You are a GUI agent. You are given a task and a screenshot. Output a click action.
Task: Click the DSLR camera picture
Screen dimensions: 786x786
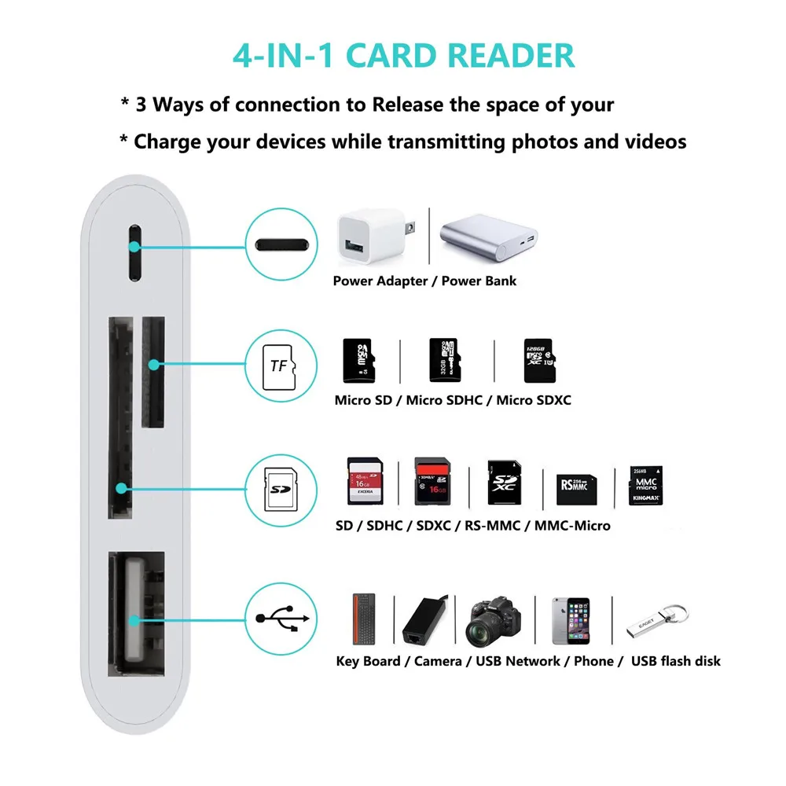494,620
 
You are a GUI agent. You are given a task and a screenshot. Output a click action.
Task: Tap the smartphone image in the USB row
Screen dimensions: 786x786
571,620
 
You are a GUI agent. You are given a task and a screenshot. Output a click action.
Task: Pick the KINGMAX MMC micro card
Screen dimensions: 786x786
645,485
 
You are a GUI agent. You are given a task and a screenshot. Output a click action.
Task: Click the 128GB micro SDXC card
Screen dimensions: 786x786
540,361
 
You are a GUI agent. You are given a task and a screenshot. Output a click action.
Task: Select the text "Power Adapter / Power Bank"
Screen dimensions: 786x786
424,281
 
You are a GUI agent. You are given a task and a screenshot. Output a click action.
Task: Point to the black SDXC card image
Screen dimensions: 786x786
504,483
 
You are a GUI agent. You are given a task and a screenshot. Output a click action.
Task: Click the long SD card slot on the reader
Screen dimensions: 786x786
120,417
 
